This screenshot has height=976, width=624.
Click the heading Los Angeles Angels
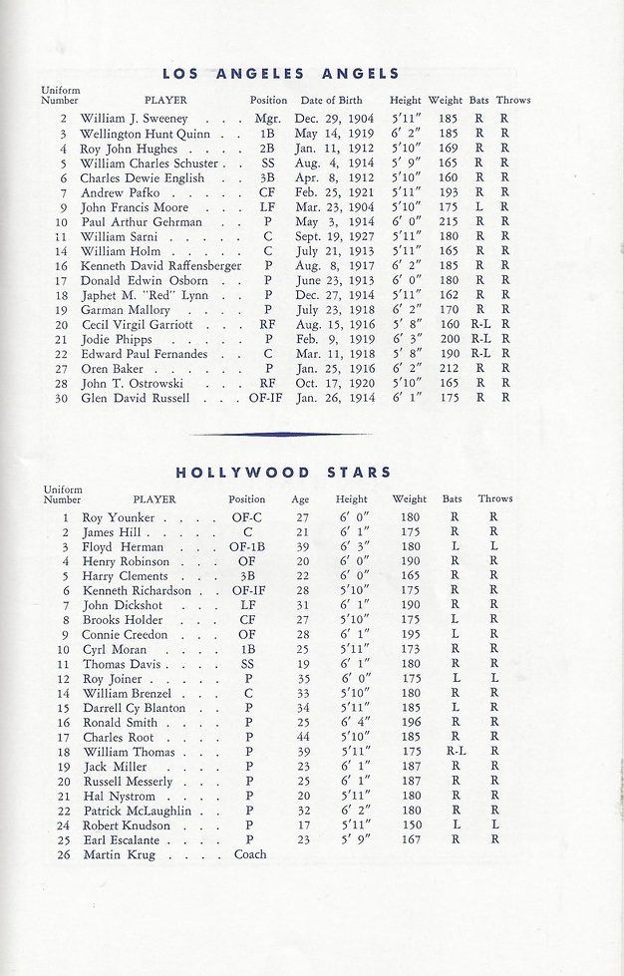click(280, 73)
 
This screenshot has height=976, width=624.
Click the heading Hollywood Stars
click(284, 472)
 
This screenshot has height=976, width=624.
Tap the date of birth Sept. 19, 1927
click(333, 237)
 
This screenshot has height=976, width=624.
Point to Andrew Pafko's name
click(114, 192)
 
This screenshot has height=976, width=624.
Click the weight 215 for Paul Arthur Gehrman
click(449, 222)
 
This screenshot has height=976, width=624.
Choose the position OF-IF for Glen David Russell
click(269, 399)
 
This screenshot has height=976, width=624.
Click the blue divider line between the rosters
click(281, 434)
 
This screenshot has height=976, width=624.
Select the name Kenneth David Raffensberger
click(160, 267)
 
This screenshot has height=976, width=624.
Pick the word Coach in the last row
click(250, 854)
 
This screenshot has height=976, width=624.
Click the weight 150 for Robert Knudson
click(410, 825)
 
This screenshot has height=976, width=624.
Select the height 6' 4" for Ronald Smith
click(351, 723)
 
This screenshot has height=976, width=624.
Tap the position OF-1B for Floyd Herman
click(247, 547)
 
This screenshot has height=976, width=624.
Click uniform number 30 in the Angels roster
click(62, 399)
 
